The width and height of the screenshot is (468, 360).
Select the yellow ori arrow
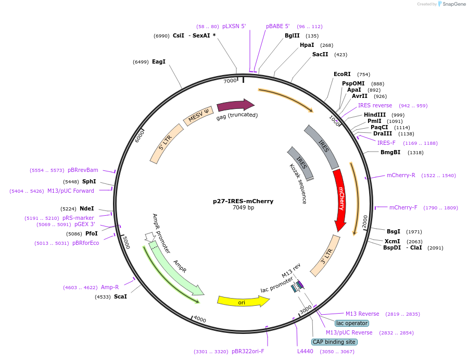(x=243, y=301)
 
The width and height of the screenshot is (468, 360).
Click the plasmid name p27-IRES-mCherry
(x=243, y=201)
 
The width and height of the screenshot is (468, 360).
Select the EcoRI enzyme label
(x=342, y=74)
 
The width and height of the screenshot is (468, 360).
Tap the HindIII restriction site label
(x=375, y=115)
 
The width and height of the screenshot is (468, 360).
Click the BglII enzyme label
(x=292, y=35)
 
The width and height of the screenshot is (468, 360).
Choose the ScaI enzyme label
(x=120, y=296)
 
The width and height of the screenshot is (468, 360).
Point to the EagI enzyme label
(x=159, y=61)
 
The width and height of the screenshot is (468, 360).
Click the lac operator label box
(x=351, y=323)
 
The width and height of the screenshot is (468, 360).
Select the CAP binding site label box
(x=334, y=342)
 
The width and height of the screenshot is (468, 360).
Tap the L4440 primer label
(x=306, y=351)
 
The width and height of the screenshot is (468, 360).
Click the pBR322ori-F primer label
(x=248, y=351)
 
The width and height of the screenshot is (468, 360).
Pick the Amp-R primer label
(x=110, y=287)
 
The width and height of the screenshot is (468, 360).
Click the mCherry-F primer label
(x=403, y=207)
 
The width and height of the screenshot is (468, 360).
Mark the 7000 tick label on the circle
(x=230, y=81)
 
